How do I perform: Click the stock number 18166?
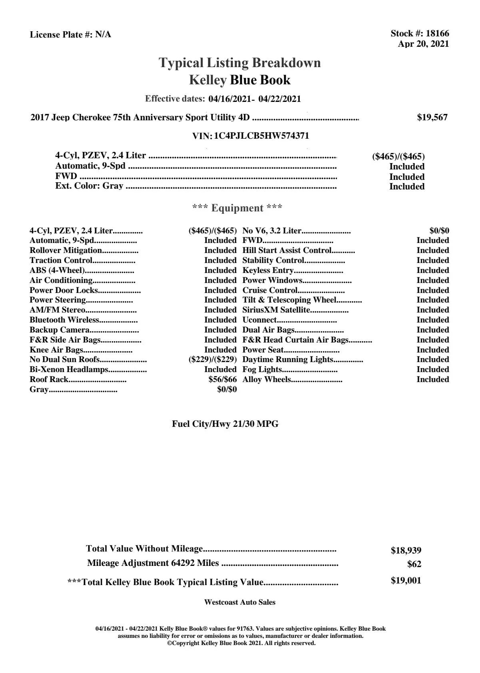(437, 34)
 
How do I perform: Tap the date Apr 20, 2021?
(423, 44)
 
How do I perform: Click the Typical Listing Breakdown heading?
(240, 63)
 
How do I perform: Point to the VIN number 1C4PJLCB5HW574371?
(261, 136)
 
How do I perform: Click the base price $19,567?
(432, 117)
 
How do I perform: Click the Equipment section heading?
(237, 208)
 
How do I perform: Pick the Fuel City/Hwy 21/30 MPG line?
(225, 424)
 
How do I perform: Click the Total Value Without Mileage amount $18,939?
(406, 551)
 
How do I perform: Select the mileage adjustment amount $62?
(414, 564)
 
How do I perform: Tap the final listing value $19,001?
(406, 581)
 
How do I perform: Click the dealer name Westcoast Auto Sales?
(239, 602)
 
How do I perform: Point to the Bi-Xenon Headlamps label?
(69, 370)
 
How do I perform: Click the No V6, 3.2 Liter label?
(272, 231)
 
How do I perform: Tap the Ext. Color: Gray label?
(89, 186)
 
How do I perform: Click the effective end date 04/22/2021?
(279, 99)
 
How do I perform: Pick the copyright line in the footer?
(241, 643)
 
